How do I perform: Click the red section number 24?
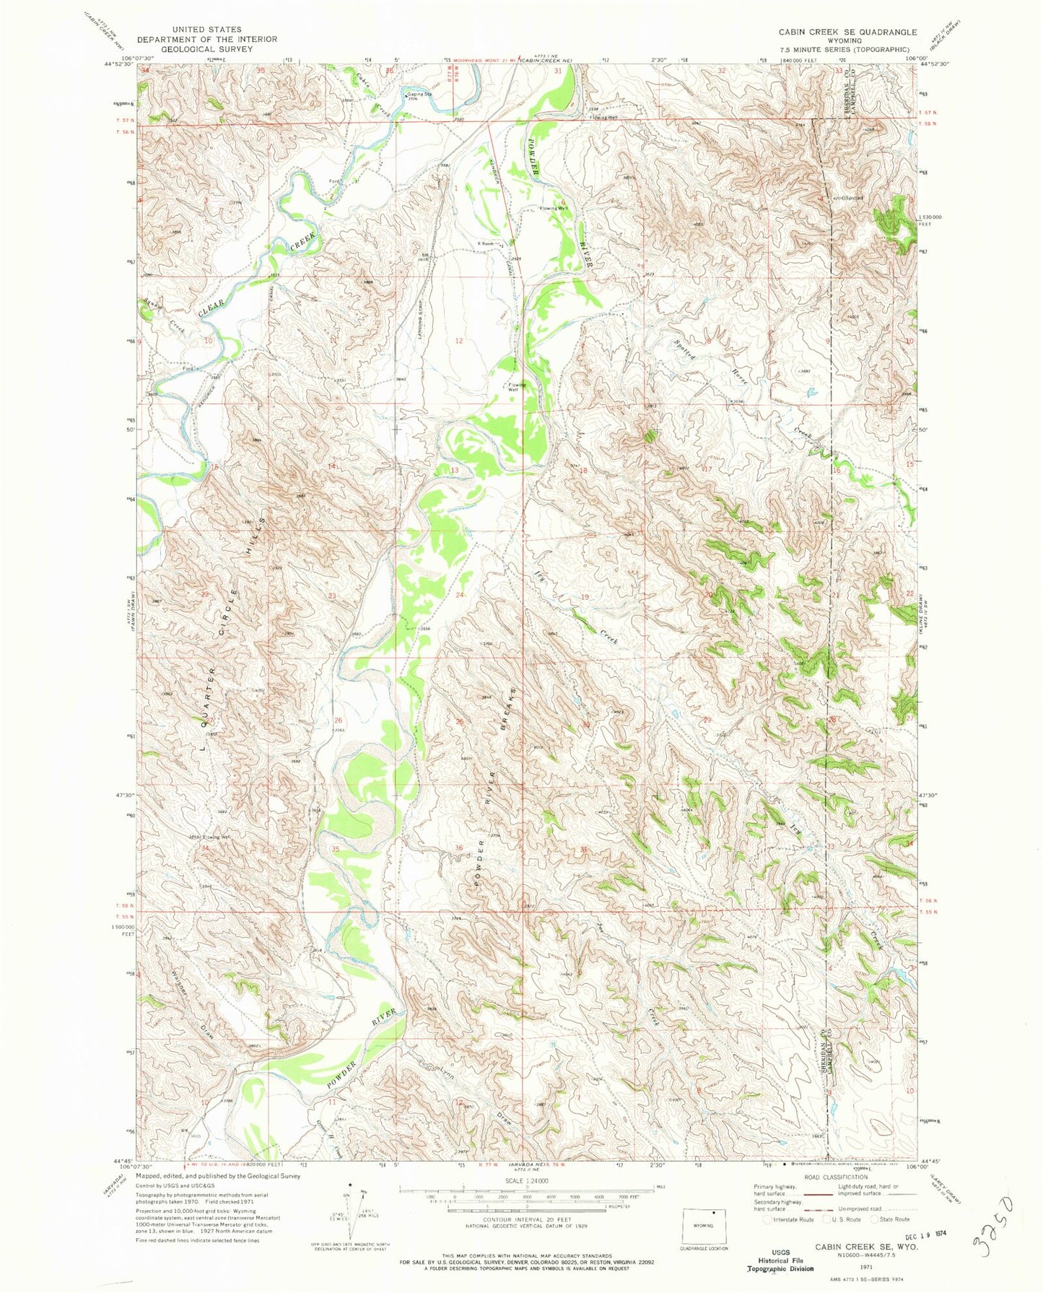[x=460, y=595]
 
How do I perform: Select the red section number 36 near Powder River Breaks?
[x=458, y=848]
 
